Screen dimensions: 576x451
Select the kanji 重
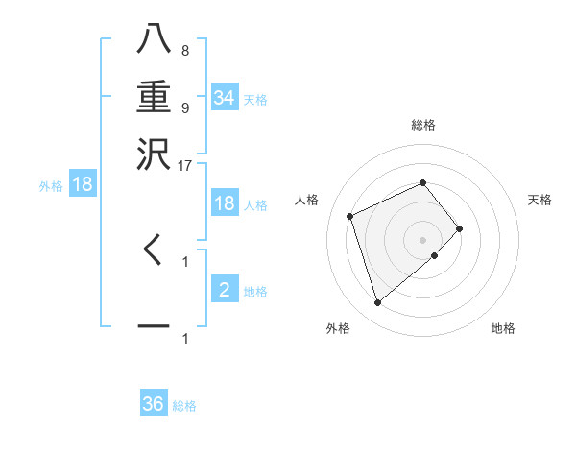(154, 98)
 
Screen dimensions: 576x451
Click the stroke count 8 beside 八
(184, 50)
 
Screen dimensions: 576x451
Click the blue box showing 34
(225, 98)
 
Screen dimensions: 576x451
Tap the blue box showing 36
(154, 404)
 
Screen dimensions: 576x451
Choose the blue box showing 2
(225, 290)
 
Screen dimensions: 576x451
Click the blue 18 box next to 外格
(83, 185)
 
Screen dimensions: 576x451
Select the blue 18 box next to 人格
(225, 203)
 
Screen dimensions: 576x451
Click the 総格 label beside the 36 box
(184, 406)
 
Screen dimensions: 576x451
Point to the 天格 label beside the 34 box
(255, 100)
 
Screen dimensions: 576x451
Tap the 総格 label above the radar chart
(423, 125)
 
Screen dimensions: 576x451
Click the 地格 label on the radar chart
(503, 328)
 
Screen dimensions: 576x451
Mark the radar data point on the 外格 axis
(377, 302)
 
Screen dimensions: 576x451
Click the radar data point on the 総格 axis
(422, 182)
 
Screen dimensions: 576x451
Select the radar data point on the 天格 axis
(460, 228)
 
